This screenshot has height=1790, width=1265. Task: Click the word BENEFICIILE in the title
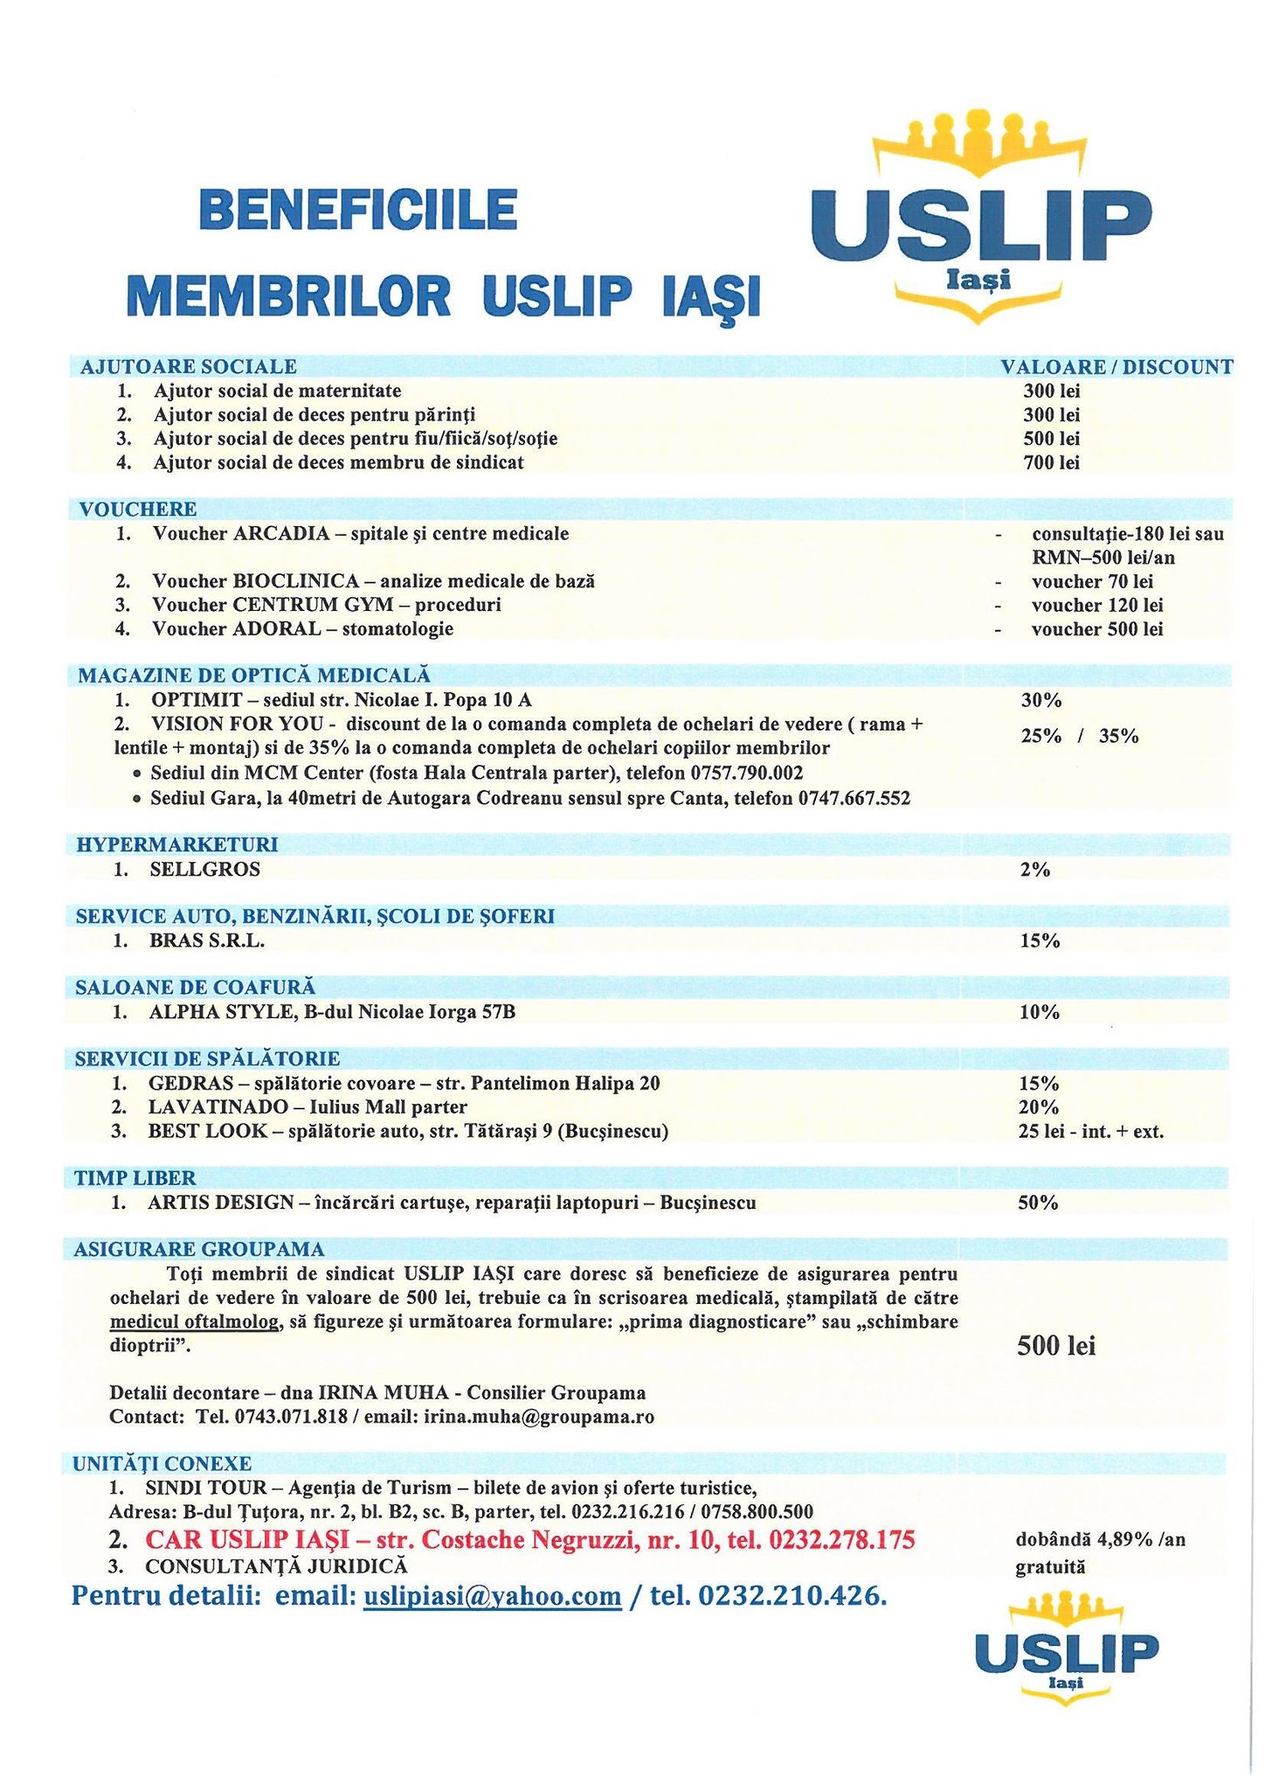pyautogui.click(x=358, y=212)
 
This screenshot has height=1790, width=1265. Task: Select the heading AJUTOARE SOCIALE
pyautogui.click(x=188, y=366)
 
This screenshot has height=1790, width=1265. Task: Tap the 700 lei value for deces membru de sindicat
pyautogui.click(x=1051, y=462)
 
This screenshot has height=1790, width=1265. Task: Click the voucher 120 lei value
pyautogui.click(x=1096, y=605)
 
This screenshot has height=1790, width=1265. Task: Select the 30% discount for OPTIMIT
pyautogui.click(x=1040, y=700)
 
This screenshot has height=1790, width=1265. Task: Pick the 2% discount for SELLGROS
pyautogui.click(x=1034, y=870)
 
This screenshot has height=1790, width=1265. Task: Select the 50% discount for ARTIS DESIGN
pyautogui.click(x=1038, y=1203)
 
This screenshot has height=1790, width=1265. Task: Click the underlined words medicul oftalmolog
pyautogui.click(x=194, y=1322)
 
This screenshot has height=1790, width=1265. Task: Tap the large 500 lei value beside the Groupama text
pyautogui.click(x=1055, y=1346)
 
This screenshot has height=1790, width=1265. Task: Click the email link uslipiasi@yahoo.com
pyautogui.click(x=491, y=1597)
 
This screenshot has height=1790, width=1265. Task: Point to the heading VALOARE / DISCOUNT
pyautogui.click(x=1116, y=366)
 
